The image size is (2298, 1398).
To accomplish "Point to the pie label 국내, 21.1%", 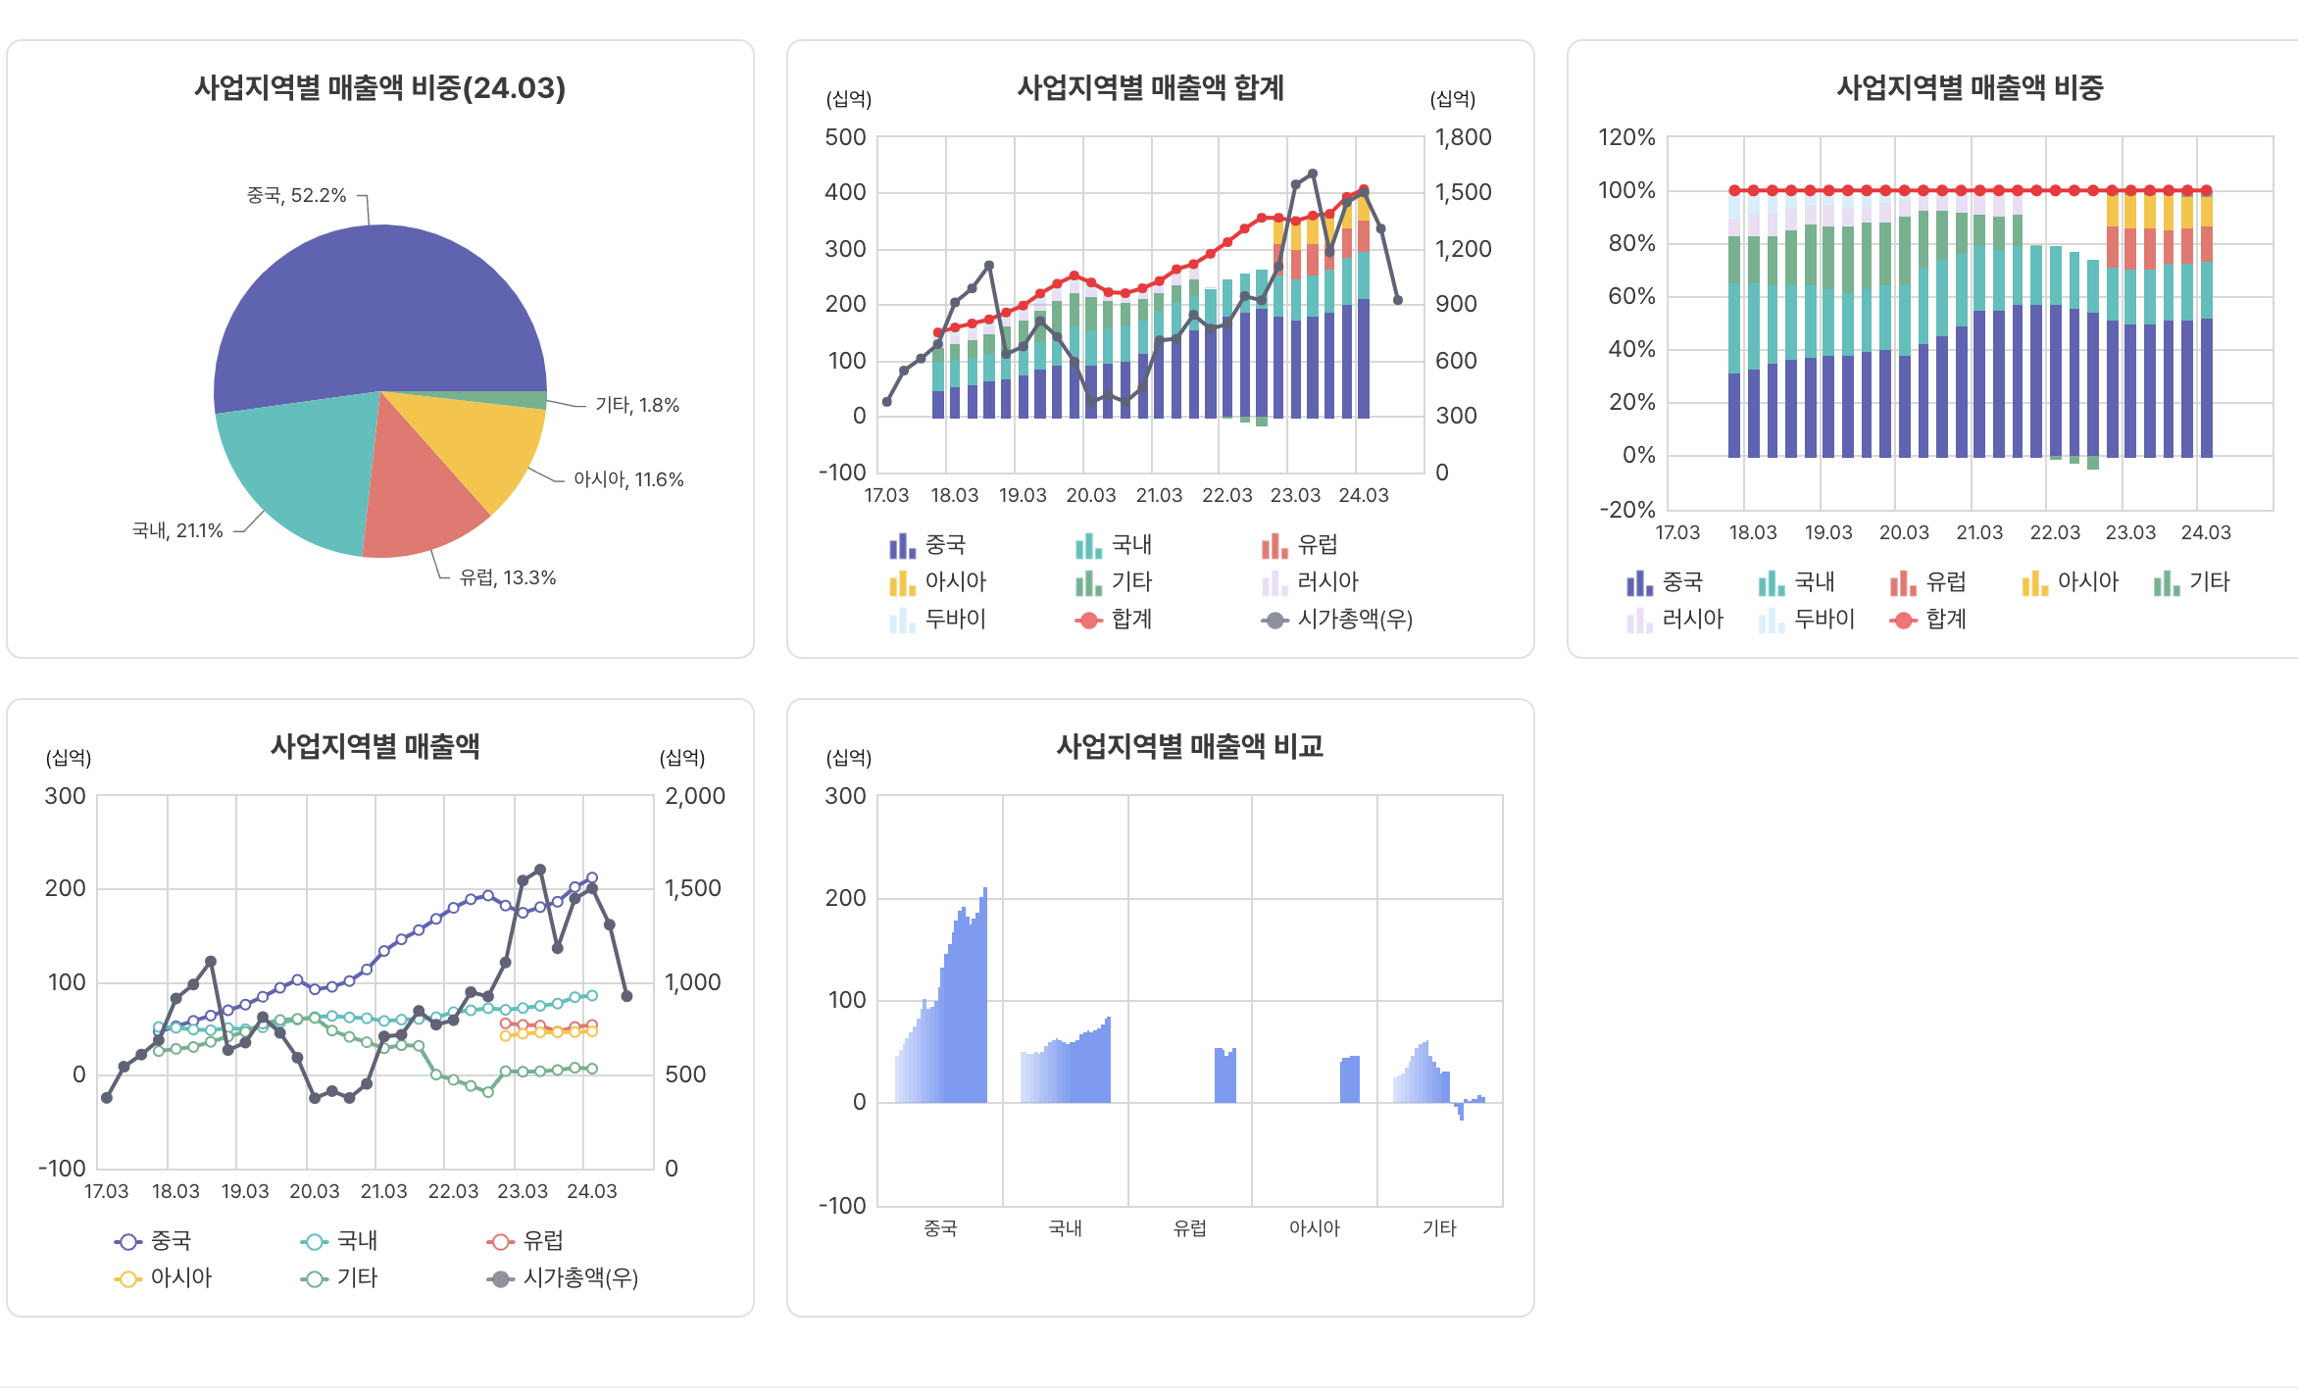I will pyautogui.click(x=177, y=530).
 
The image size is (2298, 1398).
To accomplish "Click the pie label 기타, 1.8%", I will pyautogui.click(x=637, y=405).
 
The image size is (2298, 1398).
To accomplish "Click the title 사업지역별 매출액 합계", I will pyautogui.click(x=1150, y=88).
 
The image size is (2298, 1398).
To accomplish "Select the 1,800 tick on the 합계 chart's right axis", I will pyautogui.click(x=1463, y=137).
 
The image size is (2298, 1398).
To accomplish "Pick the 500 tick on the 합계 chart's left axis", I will pyautogui.click(x=845, y=137).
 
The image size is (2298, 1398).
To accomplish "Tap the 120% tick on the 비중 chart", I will pyautogui.click(x=1626, y=137).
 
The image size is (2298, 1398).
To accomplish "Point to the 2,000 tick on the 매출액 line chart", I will pyautogui.click(x=695, y=796).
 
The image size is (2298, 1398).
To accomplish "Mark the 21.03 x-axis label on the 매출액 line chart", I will pyautogui.click(x=383, y=1191).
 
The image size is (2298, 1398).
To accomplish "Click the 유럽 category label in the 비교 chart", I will pyautogui.click(x=1190, y=1228).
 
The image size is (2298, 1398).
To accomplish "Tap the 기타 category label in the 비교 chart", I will pyautogui.click(x=1439, y=1228).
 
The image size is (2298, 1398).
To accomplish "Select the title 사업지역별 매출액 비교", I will pyautogui.click(x=1189, y=747).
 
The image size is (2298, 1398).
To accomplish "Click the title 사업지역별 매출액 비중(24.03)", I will pyautogui.click(x=379, y=88).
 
